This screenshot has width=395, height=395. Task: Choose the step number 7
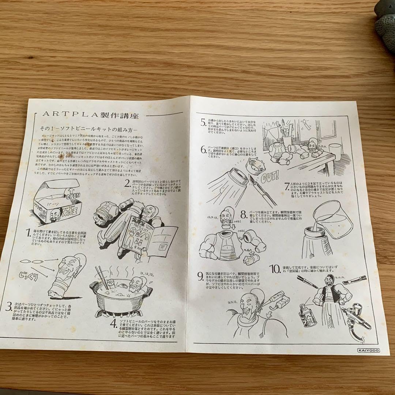coord(287,185)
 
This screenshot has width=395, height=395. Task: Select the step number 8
coord(243,214)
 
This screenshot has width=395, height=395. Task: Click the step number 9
coord(200,276)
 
